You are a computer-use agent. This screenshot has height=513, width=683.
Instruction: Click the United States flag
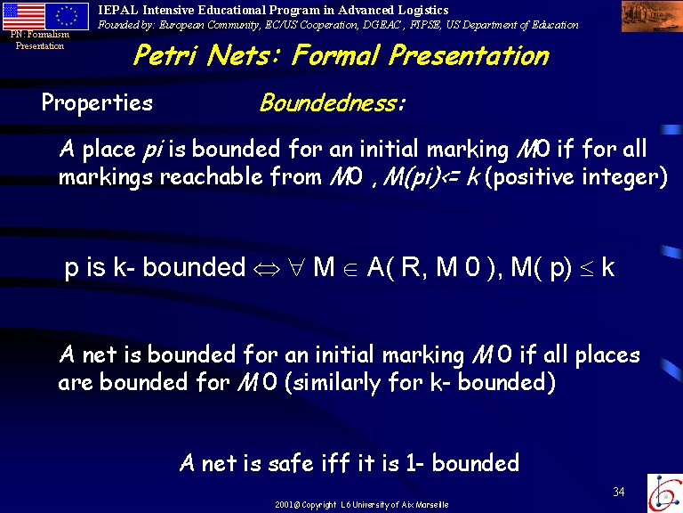pyautogui.click(x=24, y=17)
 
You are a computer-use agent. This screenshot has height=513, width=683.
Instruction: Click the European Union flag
pyautogui.click(x=67, y=17)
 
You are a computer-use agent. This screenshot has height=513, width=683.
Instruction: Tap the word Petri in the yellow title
pyautogui.click(x=165, y=56)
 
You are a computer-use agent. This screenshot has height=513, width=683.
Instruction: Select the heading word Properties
pyautogui.click(x=97, y=104)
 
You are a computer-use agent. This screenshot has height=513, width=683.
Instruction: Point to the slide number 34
pyautogui.click(x=619, y=492)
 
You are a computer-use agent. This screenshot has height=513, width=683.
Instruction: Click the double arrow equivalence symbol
pyautogui.click(x=267, y=269)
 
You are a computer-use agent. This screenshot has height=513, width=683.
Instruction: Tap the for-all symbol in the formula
pyautogui.click(x=296, y=267)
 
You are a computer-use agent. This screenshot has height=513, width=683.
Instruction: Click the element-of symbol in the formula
pyautogui.click(x=350, y=269)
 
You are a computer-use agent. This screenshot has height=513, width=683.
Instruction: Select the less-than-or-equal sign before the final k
pyautogui.click(x=586, y=268)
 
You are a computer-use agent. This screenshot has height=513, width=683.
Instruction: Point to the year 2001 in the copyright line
pyautogui.click(x=284, y=505)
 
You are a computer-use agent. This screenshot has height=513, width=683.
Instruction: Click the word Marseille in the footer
pyautogui.click(x=431, y=505)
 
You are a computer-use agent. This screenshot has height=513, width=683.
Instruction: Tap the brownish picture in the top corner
pyautogui.click(x=652, y=17)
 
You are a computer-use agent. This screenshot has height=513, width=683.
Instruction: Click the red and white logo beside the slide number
pyautogui.click(x=664, y=493)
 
